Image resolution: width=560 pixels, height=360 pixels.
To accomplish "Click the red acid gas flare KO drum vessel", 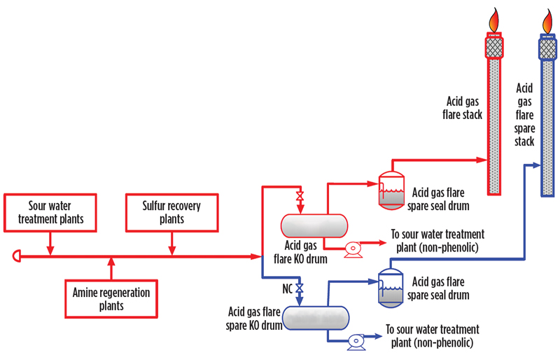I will point(315,226).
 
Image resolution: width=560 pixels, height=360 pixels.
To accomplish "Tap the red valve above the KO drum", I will point(300,195).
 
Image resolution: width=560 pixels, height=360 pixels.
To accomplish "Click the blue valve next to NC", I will point(300,288).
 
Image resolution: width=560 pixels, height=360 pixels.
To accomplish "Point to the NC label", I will point(287,288).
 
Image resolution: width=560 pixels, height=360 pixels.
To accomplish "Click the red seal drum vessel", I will point(389,188).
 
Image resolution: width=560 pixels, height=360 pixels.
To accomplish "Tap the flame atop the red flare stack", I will point(494,19).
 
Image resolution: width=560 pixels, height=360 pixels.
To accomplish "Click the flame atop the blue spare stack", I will point(547,20).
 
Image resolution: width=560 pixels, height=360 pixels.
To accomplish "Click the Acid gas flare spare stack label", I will point(524,115).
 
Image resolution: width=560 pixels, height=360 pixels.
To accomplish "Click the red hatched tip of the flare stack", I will point(494,47).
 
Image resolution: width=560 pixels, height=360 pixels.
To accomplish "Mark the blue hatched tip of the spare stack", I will point(547,47).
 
